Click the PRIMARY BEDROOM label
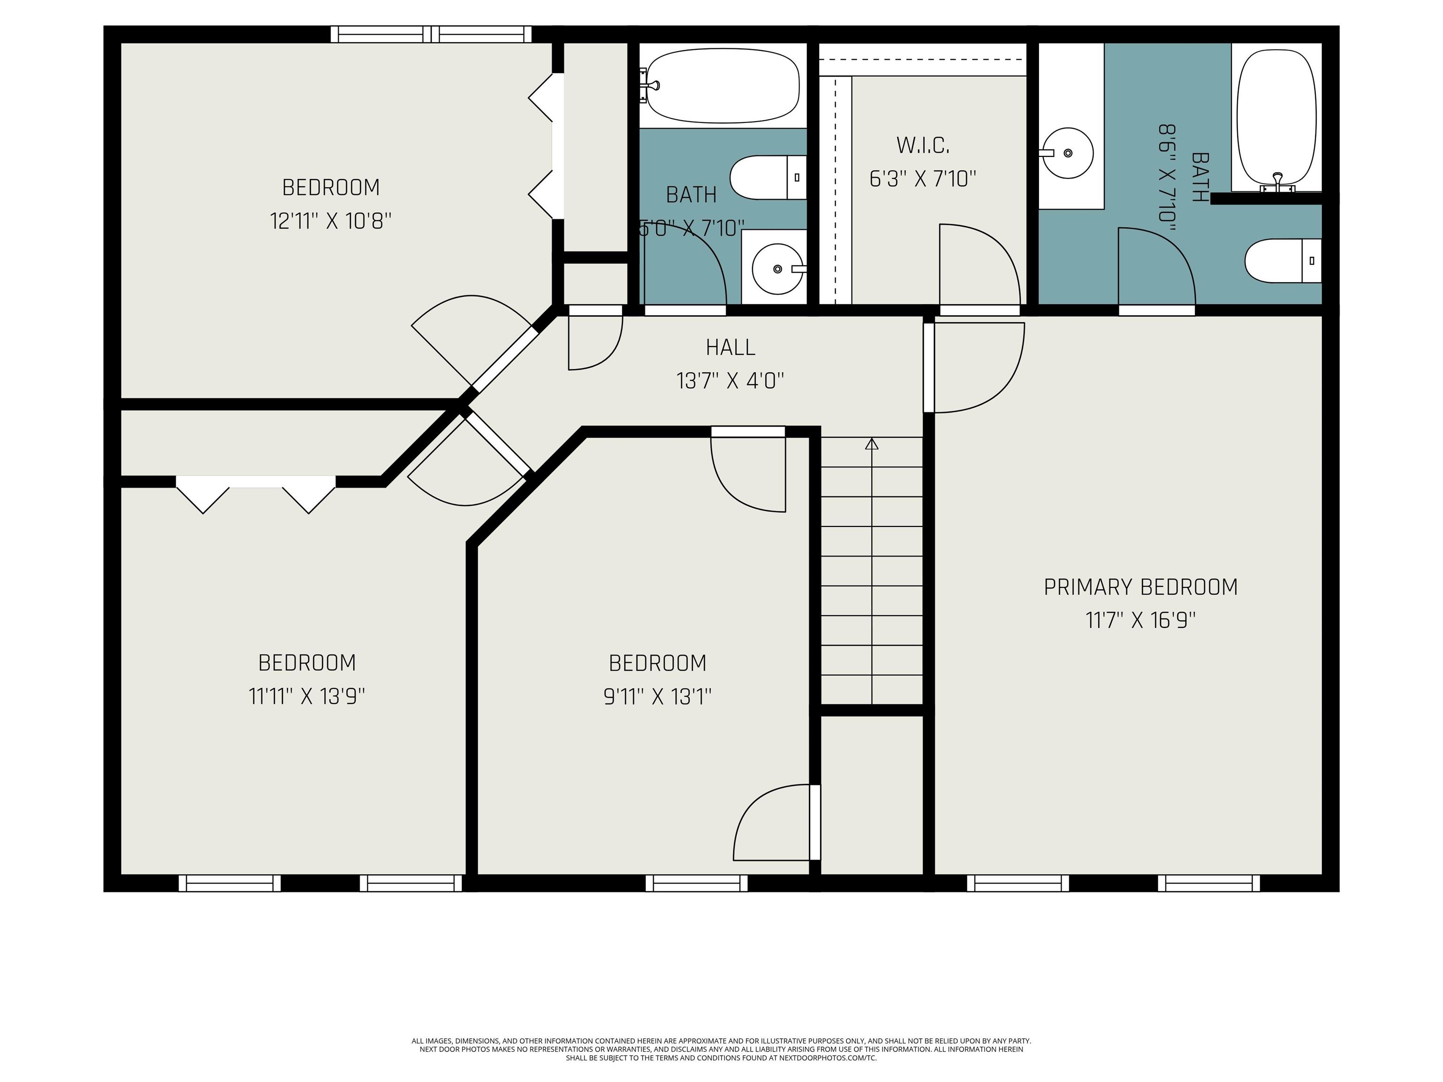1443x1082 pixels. pos(1140,587)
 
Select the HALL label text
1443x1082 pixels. pos(730,348)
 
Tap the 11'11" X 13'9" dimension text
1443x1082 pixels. pos(307,696)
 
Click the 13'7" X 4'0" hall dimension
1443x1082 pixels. pos(730,381)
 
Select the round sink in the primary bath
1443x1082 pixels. pos(1067,153)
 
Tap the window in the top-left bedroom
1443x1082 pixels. pos(431,35)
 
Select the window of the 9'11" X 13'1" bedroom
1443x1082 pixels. pos(697,883)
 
